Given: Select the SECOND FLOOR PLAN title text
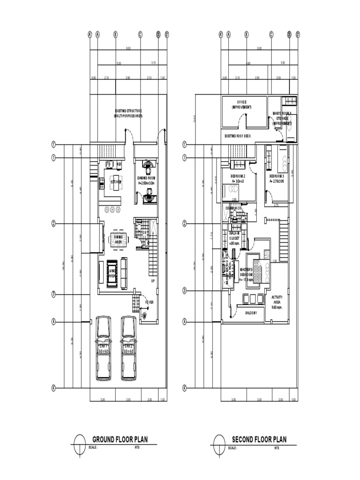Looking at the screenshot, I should (x=259, y=440).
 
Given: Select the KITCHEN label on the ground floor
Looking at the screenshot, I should (x=116, y=181).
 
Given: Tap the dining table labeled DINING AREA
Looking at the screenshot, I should (x=119, y=240).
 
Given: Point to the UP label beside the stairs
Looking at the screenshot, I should (x=152, y=281).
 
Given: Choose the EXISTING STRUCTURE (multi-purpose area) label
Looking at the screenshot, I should (x=127, y=113).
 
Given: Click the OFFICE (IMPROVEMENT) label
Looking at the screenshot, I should (x=241, y=105).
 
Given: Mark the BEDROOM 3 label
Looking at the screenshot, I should (x=277, y=179).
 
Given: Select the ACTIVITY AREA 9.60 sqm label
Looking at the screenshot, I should (x=277, y=302).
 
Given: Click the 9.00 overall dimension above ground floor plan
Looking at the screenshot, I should (x=127, y=49).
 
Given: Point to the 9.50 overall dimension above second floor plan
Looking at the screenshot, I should (x=259, y=49).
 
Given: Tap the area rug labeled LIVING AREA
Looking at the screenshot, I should (x=112, y=273).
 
